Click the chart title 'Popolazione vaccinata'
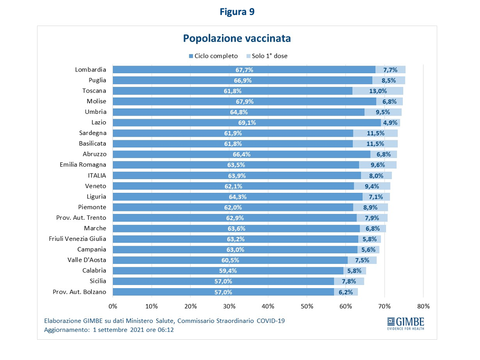click(x=237, y=38)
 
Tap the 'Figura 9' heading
click(x=237, y=12)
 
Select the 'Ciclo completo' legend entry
click(x=213, y=56)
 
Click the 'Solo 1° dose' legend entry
click(x=266, y=56)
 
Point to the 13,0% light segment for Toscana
click(x=378, y=91)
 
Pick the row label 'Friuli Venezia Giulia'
click(x=77, y=239)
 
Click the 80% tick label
click(x=423, y=306)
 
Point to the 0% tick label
click(x=113, y=306)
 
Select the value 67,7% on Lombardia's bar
click(x=244, y=70)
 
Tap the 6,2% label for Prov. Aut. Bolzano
click(x=346, y=292)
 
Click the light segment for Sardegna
click(x=375, y=133)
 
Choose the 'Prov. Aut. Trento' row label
click(x=81, y=217)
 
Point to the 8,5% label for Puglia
click(x=389, y=80)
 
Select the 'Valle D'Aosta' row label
click(x=87, y=260)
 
